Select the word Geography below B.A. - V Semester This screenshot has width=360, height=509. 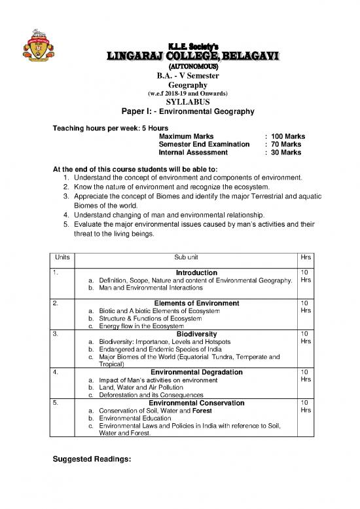click(x=188, y=85)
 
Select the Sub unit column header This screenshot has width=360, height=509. click(x=188, y=257)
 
